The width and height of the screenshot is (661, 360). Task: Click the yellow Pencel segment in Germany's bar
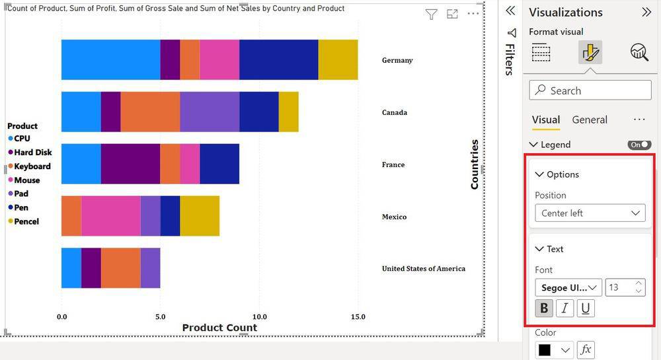[x=338, y=59]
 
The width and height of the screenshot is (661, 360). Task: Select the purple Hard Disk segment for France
[x=130, y=164]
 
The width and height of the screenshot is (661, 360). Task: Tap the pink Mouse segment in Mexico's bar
[x=110, y=216]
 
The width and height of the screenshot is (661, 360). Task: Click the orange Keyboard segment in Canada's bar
[x=150, y=112]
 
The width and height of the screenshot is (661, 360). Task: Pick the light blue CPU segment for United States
[x=71, y=268]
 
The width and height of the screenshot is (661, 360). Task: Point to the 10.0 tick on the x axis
[x=259, y=317]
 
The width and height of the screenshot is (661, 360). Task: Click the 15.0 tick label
[x=358, y=317]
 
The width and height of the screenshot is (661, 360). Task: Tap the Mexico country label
[x=394, y=217]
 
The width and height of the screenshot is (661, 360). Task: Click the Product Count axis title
[x=219, y=328]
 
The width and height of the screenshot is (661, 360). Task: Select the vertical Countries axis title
[x=474, y=164]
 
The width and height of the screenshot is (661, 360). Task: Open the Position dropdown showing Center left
[x=590, y=213]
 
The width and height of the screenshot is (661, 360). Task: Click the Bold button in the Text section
[x=544, y=308]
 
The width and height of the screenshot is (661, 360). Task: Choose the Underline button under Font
[x=586, y=308]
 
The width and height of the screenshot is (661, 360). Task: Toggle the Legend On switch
[x=639, y=145]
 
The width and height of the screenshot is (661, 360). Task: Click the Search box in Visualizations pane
[x=590, y=90]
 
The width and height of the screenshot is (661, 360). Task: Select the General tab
[x=590, y=120]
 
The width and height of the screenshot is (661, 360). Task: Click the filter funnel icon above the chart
[x=431, y=15]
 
